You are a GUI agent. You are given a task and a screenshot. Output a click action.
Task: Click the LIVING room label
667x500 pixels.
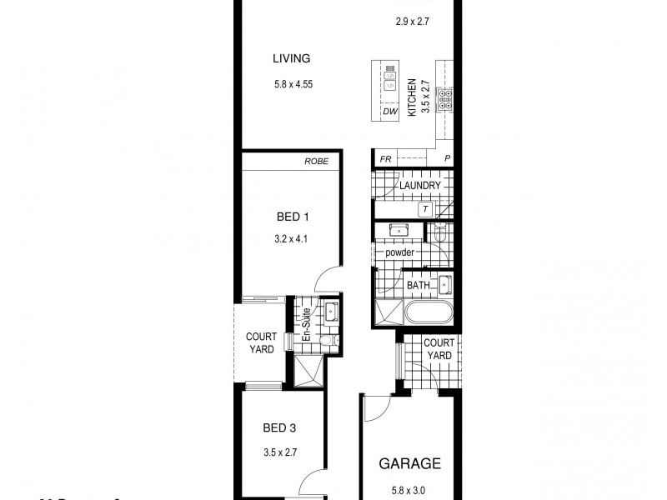[x=291, y=58]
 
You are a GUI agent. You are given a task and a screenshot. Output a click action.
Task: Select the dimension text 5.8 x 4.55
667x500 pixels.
[x=291, y=83]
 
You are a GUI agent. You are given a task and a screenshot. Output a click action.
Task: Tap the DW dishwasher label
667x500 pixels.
[x=389, y=110]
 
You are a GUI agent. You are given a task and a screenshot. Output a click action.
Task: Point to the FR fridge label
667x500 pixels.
[x=385, y=159]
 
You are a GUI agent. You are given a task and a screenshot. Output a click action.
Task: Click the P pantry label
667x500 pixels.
[x=447, y=159]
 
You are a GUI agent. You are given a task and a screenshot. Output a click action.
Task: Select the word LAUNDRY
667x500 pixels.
[x=419, y=185]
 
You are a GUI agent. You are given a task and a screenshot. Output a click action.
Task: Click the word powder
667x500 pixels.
[x=400, y=252]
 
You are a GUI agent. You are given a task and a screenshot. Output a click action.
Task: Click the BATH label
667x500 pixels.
[x=418, y=285]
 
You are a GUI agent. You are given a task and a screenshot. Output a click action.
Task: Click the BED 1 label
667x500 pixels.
[x=293, y=218]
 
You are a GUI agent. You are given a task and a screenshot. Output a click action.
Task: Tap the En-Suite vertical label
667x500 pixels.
[x=306, y=326]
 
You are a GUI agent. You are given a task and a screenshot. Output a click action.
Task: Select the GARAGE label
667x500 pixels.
[x=410, y=463]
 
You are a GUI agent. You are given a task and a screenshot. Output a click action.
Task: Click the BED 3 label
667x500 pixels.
[x=279, y=429]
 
